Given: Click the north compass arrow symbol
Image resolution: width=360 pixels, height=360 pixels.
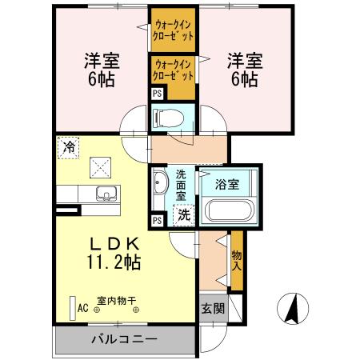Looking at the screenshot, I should coord(293,307).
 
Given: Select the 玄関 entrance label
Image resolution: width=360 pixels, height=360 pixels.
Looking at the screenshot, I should coord(212,309).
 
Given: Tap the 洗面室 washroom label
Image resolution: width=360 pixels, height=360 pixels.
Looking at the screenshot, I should coord(181,185).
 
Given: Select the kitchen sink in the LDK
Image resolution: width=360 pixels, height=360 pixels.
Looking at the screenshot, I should coord(104,193).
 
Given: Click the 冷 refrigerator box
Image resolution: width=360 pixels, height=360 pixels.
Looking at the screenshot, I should coord(69,147).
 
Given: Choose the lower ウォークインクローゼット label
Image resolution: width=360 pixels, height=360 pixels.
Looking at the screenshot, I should coord(173,70).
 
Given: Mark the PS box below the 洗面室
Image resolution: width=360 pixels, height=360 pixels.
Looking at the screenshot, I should coord(158,220).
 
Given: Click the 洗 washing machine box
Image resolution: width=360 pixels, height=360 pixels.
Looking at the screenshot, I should coord(183,214).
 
